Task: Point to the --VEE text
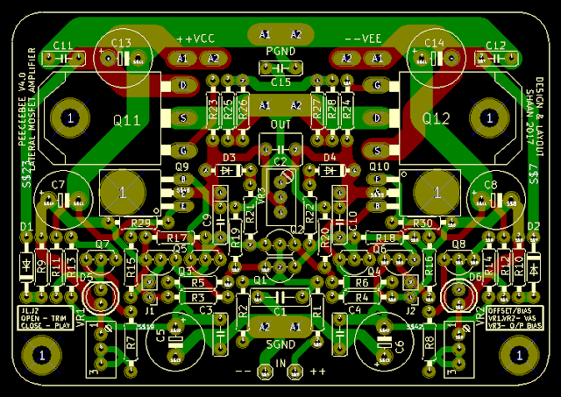click(362, 39)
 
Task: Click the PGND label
click(280, 52)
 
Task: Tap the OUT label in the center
click(280, 124)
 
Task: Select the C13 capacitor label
click(122, 43)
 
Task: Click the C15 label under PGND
click(280, 82)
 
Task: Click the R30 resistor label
click(423, 223)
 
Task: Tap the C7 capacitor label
click(58, 185)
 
